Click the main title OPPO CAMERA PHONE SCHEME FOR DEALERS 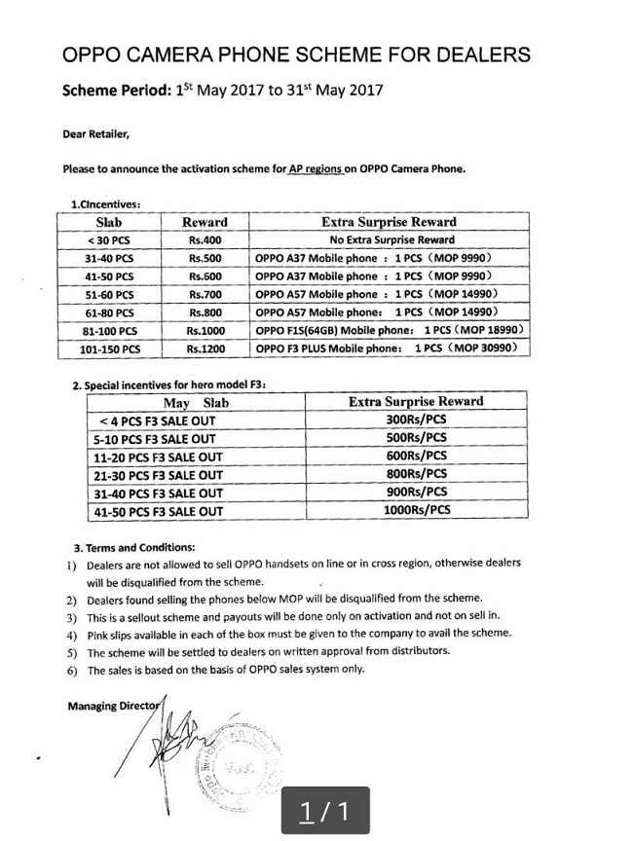296,55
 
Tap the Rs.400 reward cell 205,239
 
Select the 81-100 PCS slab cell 109,331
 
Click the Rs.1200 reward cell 205,348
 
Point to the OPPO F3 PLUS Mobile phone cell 389,348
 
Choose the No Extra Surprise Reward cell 389,239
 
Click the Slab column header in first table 109,222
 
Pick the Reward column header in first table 205,222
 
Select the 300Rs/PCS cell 416,420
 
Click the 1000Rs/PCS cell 416,510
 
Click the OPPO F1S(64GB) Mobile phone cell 389,331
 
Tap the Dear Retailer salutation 95,133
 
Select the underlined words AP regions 315,168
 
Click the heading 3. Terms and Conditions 134,546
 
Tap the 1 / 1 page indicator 324,811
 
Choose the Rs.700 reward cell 205,294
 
